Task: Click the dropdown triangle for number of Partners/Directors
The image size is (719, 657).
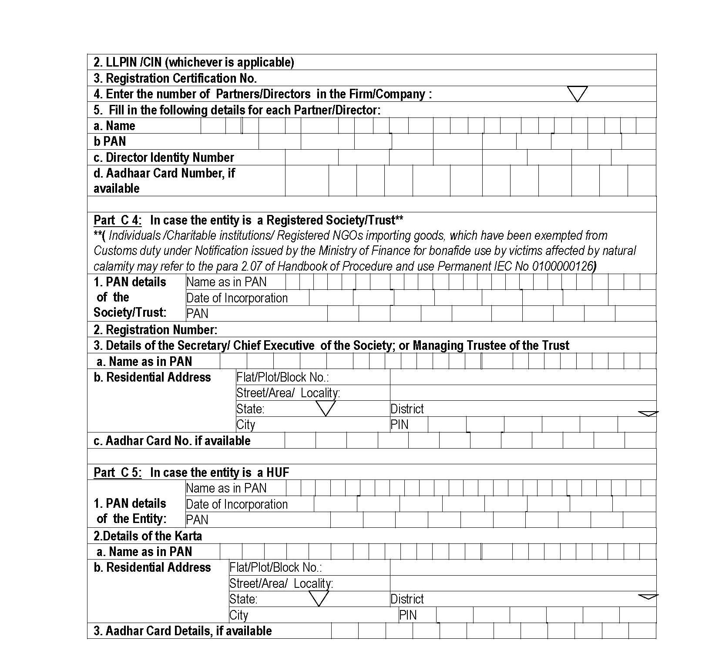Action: pyautogui.click(x=577, y=93)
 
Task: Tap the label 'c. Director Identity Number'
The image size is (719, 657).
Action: pyautogui.click(x=164, y=158)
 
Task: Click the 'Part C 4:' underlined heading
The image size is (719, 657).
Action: pyautogui.click(x=118, y=220)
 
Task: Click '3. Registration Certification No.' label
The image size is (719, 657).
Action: pyautogui.click(x=175, y=78)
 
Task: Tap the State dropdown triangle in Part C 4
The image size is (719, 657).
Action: pyautogui.click(x=325, y=408)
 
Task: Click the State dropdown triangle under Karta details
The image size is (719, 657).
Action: pyautogui.click(x=319, y=599)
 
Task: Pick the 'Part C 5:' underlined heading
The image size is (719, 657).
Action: pyautogui.click(x=118, y=473)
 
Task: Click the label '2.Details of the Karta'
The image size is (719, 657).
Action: pyautogui.click(x=148, y=536)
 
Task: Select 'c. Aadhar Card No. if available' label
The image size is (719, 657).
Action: pyautogui.click(x=172, y=441)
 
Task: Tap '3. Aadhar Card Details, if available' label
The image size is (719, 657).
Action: pyautogui.click(x=182, y=631)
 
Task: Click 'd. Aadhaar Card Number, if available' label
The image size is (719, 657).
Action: pyautogui.click(x=164, y=181)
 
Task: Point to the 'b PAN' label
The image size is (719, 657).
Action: pyautogui.click(x=110, y=141)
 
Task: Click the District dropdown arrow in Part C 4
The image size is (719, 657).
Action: pyautogui.click(x=648, y=413)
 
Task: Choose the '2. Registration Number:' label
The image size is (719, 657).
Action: pyautogui.click(x=155, y=330)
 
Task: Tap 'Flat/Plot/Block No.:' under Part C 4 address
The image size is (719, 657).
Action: pyautogui.click(x=282, y=377)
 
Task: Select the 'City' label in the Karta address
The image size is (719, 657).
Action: pyautogui.click(x=239, y=615)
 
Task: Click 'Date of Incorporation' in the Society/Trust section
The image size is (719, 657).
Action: pyautogui.click(x=237, y=298)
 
